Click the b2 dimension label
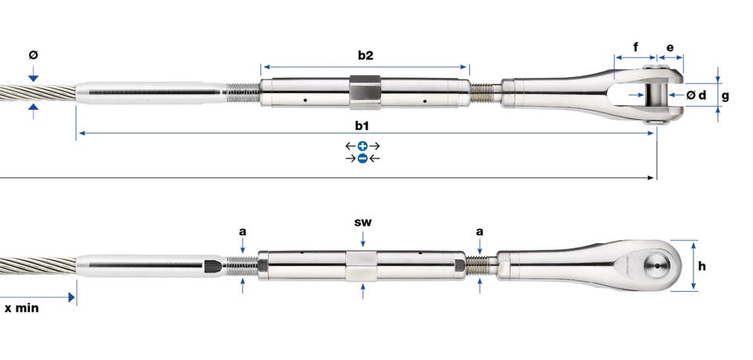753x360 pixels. point(366,55)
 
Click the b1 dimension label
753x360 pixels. point(362,125)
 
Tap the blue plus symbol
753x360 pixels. point(362,146)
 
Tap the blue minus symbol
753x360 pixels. point(362,158)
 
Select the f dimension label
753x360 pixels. point(636,47)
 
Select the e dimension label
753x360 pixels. point(670,48)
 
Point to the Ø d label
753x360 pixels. point(697,95)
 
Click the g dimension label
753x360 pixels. point(725,96)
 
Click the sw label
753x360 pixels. point(362,222)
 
